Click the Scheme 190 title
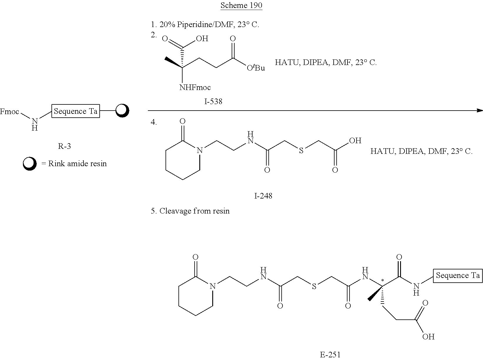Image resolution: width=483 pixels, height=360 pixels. tap(241, 5)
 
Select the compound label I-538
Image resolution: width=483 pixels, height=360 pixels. tap(213, 101)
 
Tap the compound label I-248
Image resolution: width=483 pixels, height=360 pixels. tap(263, 196)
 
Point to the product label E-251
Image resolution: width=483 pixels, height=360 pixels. tap(330, 355)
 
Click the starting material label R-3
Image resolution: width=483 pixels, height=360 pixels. tap(64, 146)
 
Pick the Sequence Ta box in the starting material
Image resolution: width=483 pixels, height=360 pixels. tap(76, 111)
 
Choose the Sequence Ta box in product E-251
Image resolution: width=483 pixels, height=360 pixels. tap(458, 276)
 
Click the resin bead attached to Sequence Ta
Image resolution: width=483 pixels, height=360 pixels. tap(122, 111)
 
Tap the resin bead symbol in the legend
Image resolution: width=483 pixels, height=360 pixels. tap(30, 164)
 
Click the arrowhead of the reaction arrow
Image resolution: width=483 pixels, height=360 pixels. tap(479, 111)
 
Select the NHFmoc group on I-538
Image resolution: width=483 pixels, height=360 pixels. tap(195, 87)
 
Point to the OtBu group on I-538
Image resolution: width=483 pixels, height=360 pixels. tap(256, 68)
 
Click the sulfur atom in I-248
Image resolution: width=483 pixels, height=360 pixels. tap(301, 150)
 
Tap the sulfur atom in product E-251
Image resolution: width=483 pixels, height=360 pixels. tap(314, 286)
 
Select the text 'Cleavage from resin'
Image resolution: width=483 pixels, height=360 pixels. tap(194, 211)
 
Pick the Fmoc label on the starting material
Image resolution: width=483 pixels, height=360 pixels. tap(10, 111)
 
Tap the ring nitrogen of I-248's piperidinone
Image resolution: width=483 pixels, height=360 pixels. tap(200, 150)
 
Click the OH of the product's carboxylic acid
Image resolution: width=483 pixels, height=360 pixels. tap(428, 337)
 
